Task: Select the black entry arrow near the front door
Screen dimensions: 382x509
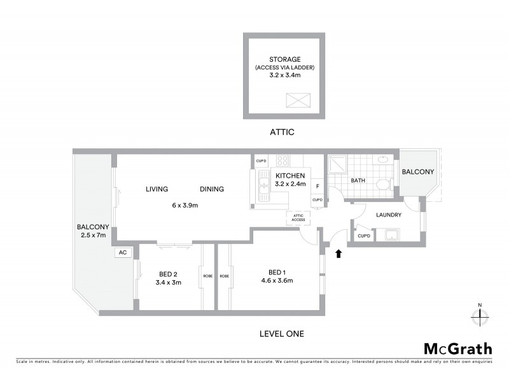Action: [x=338, y=253]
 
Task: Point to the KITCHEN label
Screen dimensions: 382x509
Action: [x=290, y=176]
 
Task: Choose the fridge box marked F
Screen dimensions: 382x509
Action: [x=317, y=187]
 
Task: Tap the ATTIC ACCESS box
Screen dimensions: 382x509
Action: [x=298, y=218]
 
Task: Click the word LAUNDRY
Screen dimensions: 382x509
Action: [x=388, y=215]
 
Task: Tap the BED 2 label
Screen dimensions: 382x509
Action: [x=169, y=274]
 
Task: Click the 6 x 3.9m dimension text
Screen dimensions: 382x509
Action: [x=185, y=205]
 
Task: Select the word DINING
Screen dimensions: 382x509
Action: [x=211, y=189]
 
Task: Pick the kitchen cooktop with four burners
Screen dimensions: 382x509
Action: [x=282, y=161]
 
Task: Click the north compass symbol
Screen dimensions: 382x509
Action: [x=481, y=316]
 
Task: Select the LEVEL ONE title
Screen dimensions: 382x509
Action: [x=281, y=333]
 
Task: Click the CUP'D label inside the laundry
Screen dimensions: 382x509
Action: [x=364, y=236]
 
